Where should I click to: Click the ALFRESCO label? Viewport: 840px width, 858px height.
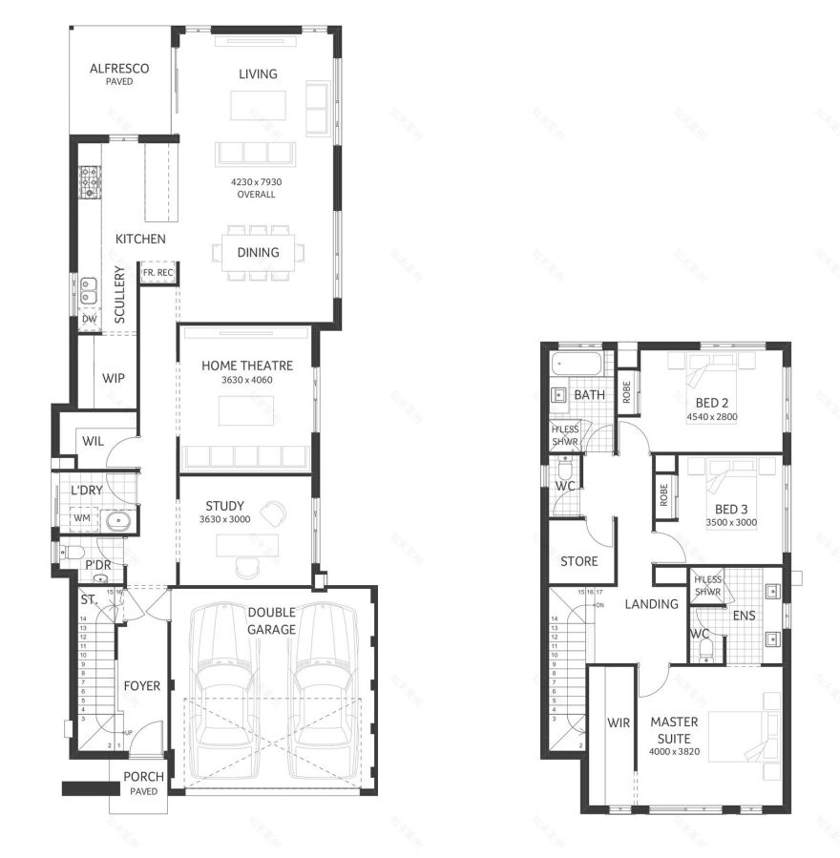click(x=120, y=69)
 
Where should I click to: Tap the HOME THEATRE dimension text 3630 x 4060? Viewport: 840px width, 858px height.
click(x=246, y=380)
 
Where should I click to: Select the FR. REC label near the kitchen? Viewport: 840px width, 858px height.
click(x=158, y=273)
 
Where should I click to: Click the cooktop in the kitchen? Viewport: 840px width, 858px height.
click(x=90, y=181)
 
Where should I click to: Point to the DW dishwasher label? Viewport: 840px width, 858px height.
click(x=89, y=319)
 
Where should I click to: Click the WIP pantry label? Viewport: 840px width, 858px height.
click(x=114, y=377)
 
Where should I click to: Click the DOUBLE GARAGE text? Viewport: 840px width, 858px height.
click(x=272, y=620)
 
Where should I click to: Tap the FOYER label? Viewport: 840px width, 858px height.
click(x=142, y=685)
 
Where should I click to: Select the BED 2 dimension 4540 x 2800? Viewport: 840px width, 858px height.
click(x=711, y=416)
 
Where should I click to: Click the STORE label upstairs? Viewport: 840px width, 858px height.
click(x=579, y=561)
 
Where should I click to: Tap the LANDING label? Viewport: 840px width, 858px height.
click(x=651, y=604)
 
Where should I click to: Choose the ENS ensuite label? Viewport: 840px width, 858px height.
click(x=744, y=617)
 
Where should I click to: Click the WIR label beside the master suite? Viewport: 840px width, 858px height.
click(x=619, y=722)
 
